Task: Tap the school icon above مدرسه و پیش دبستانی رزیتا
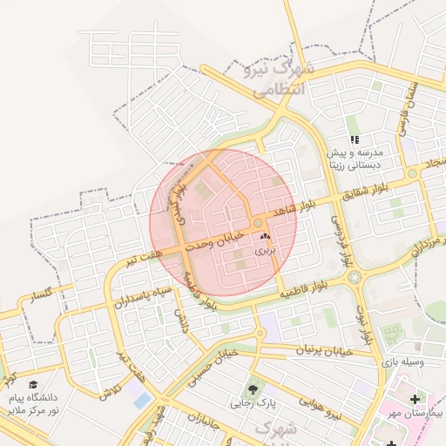pyautogui.click(x=355, y=139)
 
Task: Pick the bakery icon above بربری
pyautogui.click(x=264, y=236)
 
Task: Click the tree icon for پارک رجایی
pyautogui.click(x=253, y=389)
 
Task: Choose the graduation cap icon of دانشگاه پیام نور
pyautogui.click(x=33, y=383)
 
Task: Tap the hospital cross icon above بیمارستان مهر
pyautogui.click(x=414, y=398)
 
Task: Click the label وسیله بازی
pyautogui.click(x=405, y=360)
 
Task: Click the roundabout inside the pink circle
pyautogui.click(x=258, y=224)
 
